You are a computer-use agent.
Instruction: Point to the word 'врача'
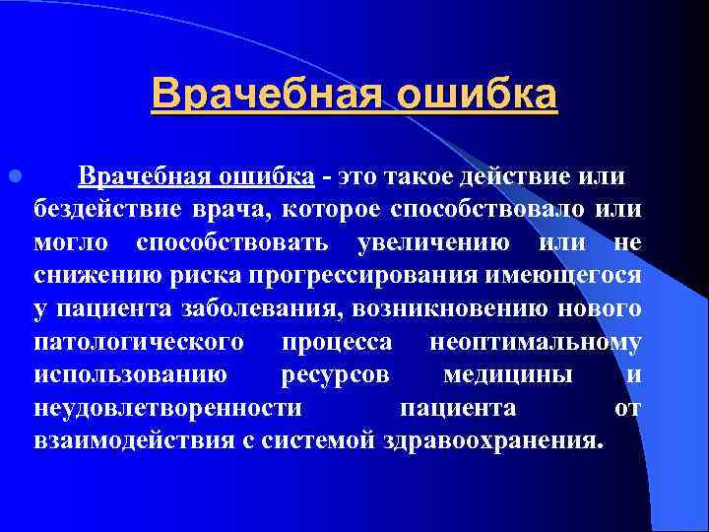click(233, 209)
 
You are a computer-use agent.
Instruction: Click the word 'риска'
click(196, 276)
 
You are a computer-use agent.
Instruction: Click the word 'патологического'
click(139, 343)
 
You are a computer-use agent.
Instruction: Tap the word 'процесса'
click(337, 343)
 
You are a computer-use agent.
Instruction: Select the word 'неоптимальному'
click(537, 343)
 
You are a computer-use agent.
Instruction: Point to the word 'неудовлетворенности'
click(167, 408)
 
